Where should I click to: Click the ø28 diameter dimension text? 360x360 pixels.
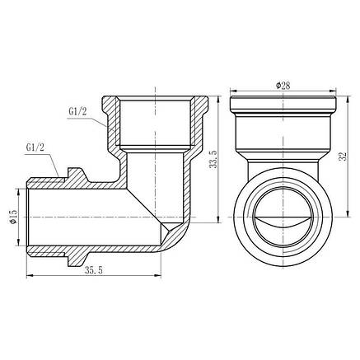pyautogui.click(x=284, y=85)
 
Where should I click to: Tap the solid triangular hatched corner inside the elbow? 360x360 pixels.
pyautogui.click(x=171, y=231)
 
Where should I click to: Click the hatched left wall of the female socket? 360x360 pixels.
pyautogui.click(x=112, y=124)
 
